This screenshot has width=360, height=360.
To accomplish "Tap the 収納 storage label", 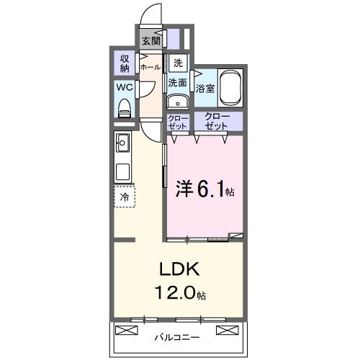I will pyautogui.click(x=124, y=63).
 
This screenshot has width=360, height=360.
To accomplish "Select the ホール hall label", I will pyautogui.click(x=150, y=67).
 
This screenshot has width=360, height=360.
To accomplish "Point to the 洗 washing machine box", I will pyautogui.click(x=178, y=63).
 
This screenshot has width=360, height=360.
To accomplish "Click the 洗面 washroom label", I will pyautogui.click(x=178, y=83).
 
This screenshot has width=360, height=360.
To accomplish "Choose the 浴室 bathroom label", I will pyautogui.click(x=205, y=89).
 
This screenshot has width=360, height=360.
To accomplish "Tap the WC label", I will pyautogui.click(x=124, y=89).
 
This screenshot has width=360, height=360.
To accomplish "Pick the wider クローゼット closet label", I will pyautogui.click(x=217, y=120).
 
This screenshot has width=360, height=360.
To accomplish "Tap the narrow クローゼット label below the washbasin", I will pyautogui.click(x=177, y=121).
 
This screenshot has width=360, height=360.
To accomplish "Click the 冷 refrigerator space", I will pyautogui.click(x=124, y=197).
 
